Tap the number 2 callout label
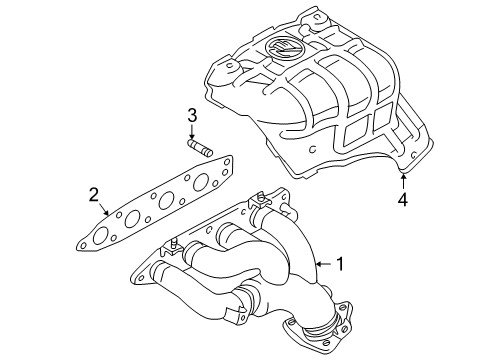pyautogui.click(x=92, y=194)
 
